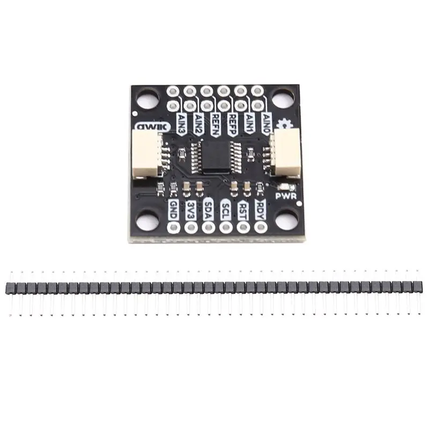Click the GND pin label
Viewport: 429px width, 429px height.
coord(173,208)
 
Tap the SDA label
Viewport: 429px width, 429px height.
coord(209,208)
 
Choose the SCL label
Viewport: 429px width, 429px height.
coord(226,208)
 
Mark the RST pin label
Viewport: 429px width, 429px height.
coord(243,208)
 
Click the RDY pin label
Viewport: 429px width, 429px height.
coord(261,208)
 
